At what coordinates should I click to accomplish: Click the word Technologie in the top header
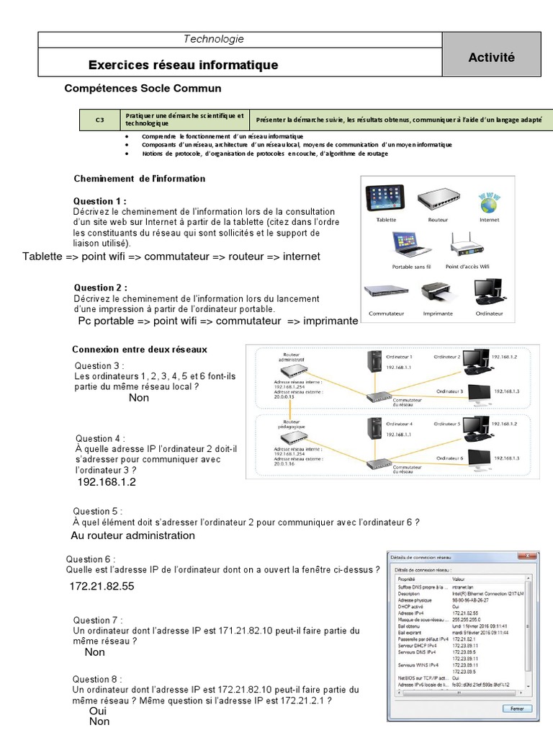tap(214, 39)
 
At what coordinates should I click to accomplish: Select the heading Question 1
tap(100, 200)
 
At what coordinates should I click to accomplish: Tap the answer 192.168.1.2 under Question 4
tap(107, 481)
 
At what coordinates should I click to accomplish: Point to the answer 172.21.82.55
tap(102, 587)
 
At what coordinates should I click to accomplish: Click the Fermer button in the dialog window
tap(516, 708)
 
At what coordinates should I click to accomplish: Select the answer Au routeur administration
tap(132, 535)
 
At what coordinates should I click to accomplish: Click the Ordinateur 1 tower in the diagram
tap(374, 360)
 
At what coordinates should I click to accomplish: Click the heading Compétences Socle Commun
tap(143, 88)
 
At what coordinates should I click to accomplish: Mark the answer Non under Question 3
tap(139, 397)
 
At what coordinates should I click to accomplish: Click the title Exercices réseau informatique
tap(183, 65)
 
